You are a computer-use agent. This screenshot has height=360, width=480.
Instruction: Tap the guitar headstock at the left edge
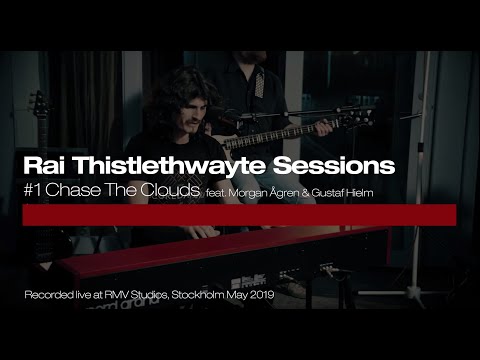pos(37,105)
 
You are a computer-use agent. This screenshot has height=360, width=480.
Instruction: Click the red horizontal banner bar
pos(240,215)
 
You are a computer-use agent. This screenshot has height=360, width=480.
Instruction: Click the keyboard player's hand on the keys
pos(200,231)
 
